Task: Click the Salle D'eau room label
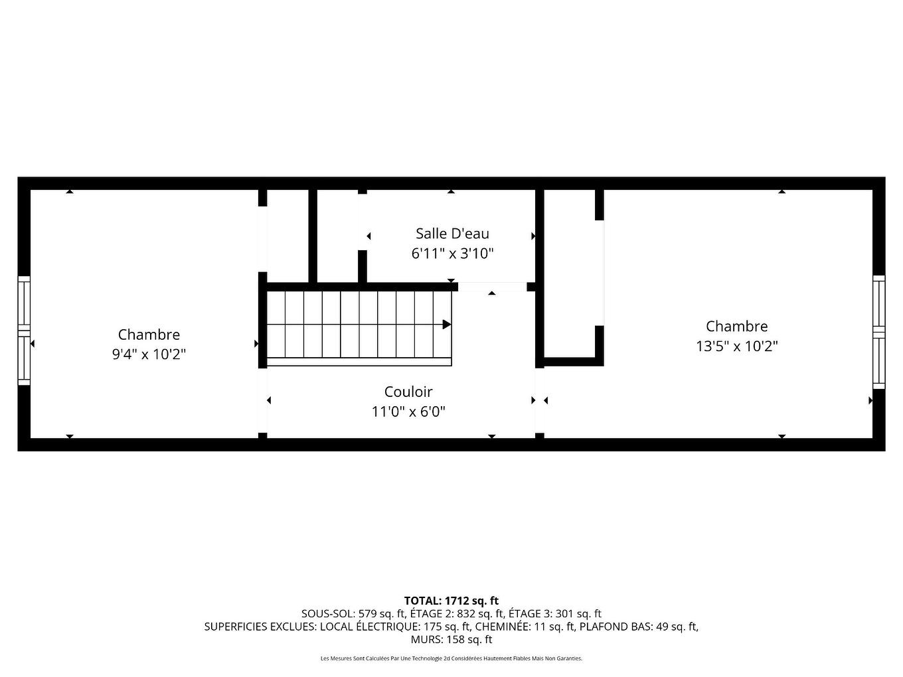tap(452, 234)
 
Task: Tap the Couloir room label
tap(408, 392)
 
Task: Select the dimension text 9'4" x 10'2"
tap(149, 354)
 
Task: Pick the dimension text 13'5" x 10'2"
tap(736, 346)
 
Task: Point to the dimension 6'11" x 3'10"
tap(452, 254)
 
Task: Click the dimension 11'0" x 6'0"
tap(408, 412)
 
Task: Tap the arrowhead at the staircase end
tap(447, 325)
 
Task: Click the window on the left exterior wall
tap(24, 331)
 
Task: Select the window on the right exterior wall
tap(878, 331)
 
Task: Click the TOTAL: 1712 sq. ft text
tap(451, 601)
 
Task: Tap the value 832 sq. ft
tap(481, 614)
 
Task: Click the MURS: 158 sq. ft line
tap(451, 640)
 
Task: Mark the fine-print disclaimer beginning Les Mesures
tap(451, 658)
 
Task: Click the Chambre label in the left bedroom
tap(149, 335)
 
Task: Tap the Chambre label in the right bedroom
tap(736, 326)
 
